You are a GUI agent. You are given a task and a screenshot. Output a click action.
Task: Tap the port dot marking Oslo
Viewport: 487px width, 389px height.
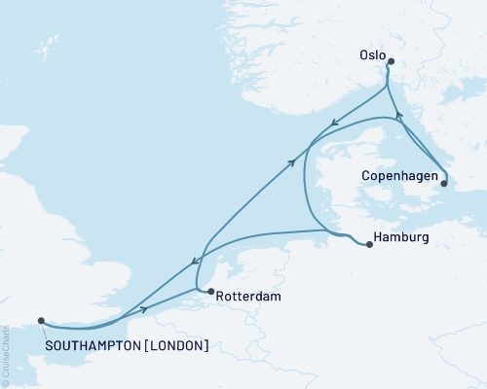click(x=390, y=62)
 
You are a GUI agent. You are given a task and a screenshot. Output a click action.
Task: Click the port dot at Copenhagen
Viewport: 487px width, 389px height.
click(x=444, y=182)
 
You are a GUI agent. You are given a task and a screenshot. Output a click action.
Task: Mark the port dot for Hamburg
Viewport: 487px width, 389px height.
click(x=369, y=245)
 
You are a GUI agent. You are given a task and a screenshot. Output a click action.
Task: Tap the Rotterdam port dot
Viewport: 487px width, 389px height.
click(x=209, y=291)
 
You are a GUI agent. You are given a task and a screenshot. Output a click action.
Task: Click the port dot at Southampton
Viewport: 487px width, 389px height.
click(x=40, y=320)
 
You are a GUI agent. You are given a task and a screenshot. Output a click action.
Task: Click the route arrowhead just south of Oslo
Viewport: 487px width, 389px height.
click(x=398, y=116)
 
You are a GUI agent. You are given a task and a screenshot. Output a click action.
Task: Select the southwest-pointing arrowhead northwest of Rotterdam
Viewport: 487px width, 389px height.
click(x=194, y=261)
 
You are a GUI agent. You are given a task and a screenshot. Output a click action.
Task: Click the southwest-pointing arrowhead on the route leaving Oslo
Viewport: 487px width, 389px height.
click(x=334, y=124)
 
